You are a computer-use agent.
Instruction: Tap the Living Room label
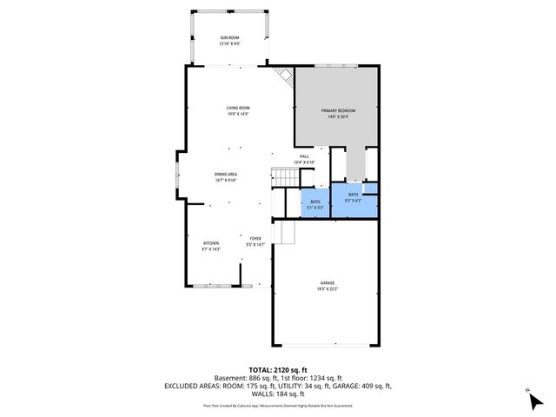238,110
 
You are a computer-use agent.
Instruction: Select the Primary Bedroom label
338,113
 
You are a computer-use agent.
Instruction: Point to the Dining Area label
226,176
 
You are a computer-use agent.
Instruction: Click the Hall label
304,159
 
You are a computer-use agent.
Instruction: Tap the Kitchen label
211,245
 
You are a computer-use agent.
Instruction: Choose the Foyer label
255,241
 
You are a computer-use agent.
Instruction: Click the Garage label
327,286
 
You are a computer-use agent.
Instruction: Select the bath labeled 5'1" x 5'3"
315,205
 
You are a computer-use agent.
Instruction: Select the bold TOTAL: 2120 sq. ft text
278,369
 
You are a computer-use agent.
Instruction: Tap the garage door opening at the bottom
326,345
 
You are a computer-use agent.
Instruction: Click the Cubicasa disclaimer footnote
278,406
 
